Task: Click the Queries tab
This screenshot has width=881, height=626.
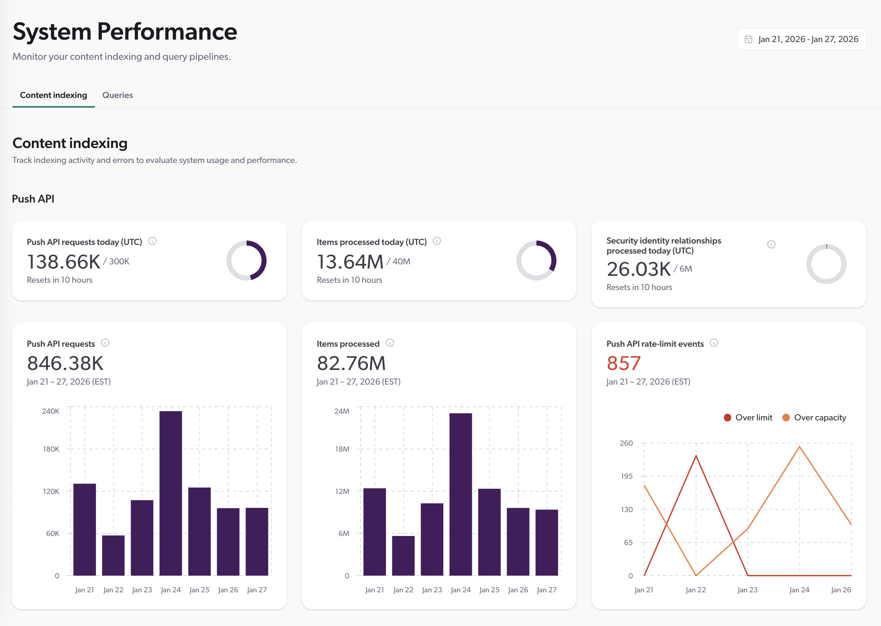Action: [117, 95]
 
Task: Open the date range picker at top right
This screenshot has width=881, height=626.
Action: [801, 39]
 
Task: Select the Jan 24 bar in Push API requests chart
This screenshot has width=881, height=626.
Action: [171, 493]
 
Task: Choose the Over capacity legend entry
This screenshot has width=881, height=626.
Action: [814, 418]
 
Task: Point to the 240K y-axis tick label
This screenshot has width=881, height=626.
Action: [50, 411]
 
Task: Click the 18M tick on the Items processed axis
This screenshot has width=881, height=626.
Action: [342, 449]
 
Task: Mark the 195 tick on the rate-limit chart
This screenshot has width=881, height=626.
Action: [626, 476]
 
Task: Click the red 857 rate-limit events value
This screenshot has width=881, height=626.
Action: [623, 363]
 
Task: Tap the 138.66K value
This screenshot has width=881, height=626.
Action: [64, 262]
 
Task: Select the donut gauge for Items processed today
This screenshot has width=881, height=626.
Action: [536, 261]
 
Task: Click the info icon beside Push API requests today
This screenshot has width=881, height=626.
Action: [152, 241]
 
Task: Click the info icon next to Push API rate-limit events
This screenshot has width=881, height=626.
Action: [714, 343]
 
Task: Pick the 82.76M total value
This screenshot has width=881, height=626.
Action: [351, 363]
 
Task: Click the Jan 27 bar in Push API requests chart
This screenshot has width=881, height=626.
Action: [257, 541]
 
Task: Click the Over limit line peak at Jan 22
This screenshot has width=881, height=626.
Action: [696, 456]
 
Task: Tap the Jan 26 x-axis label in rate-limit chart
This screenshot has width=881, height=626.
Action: [841, 590]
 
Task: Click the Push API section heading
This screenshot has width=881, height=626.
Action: [33, 199]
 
